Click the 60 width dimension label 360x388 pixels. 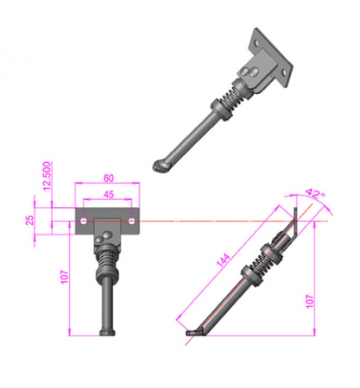[x=108, y=178]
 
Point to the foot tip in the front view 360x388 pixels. [x=107, y=333]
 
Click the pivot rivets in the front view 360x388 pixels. [x=104, y=235]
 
